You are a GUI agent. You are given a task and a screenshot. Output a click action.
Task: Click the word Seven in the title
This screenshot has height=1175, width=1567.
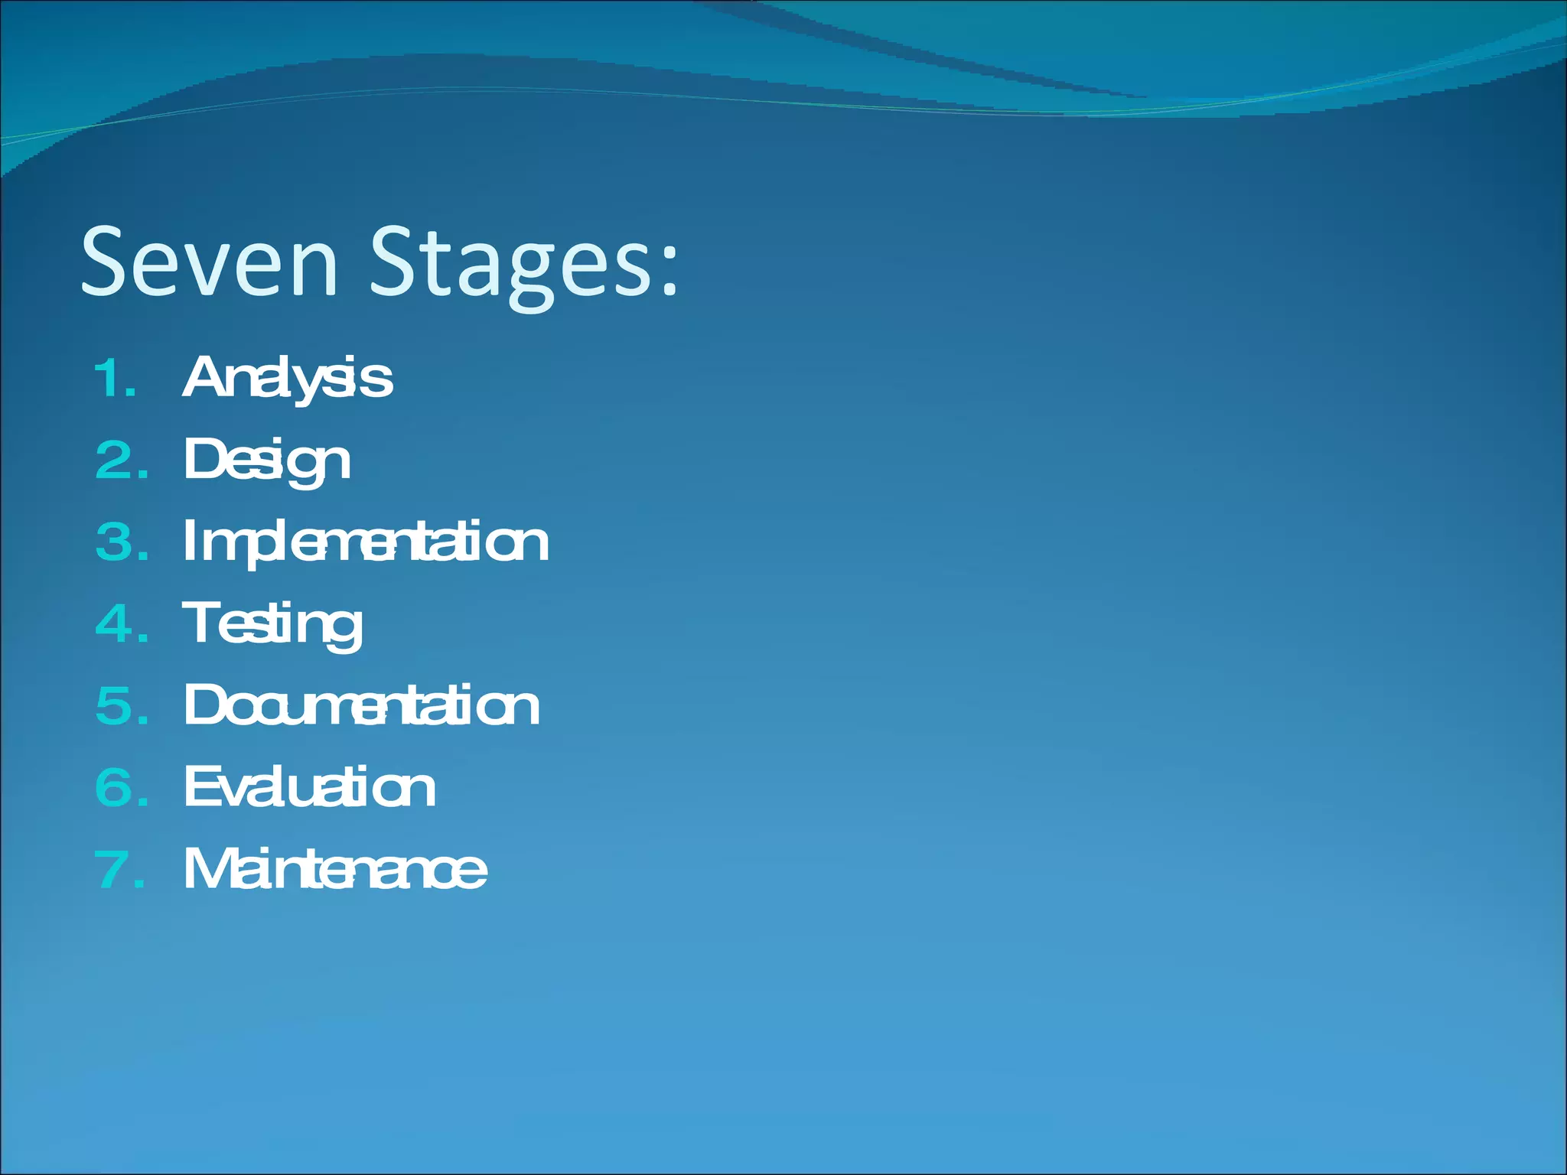pyautogui.click(x=209, y=262)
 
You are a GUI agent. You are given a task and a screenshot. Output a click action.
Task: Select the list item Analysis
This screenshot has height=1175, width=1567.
pyautogui.click(x=288, y=378)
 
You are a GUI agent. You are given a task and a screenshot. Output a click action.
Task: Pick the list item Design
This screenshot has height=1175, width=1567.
pyautogui.click(x=267, y=461)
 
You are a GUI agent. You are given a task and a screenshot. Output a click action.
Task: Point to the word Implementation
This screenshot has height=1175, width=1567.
pyautogui.click(x=366, y=542)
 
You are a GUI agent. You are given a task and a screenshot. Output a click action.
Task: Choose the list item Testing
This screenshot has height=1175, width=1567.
pyautogui.click(x=272, y=623)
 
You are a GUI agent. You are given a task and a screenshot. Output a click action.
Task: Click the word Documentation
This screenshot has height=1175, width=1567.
pyautogui.click(x=362, y=705)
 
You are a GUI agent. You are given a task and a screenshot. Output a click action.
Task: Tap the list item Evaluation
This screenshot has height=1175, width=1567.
pyautogui.click(x=310, y=787)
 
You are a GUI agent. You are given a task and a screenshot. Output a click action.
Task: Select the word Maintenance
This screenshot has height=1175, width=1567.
pyautogui.click(x=335, y=869)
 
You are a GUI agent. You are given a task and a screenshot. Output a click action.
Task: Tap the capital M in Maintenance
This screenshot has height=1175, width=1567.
pyautogui.click(x=207, y=869)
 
